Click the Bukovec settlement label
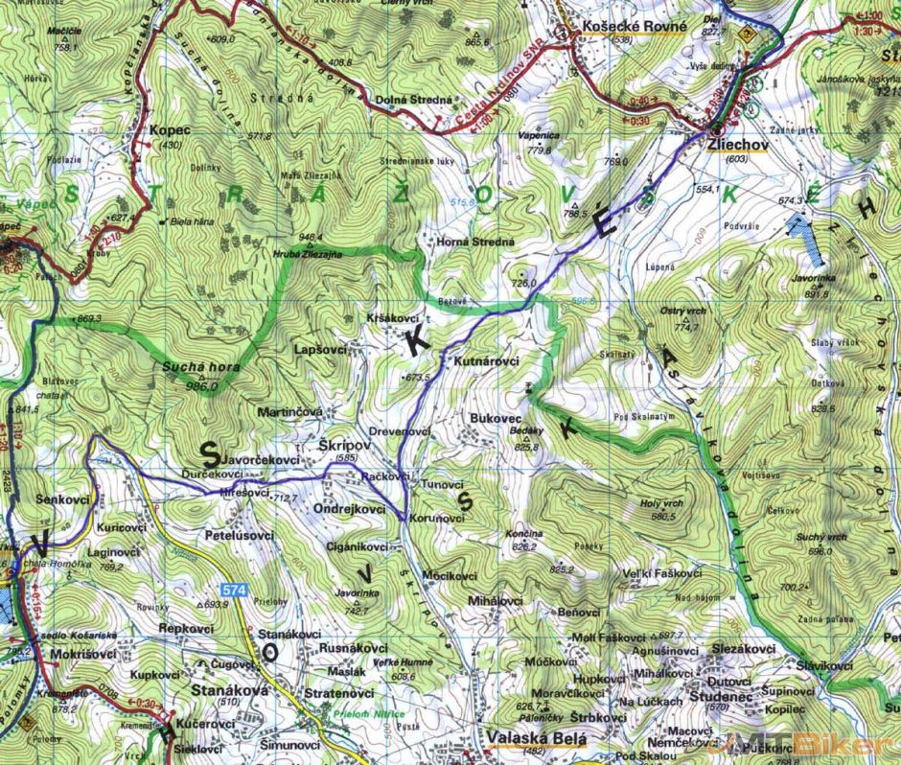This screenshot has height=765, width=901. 495,419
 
